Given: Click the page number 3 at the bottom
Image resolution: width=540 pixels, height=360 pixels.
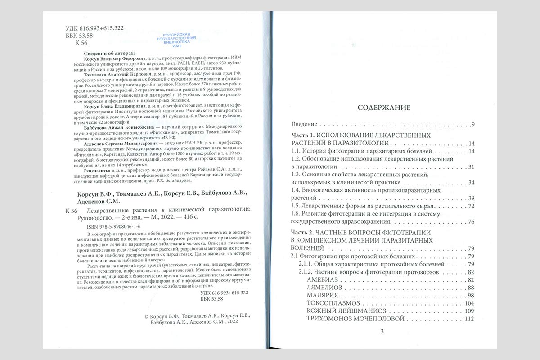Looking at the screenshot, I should pos(381,332).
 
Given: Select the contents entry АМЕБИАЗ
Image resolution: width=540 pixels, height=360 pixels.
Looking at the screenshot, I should pos(321,279).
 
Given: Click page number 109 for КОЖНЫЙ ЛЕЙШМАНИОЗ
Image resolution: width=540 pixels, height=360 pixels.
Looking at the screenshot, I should pos(469,311).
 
